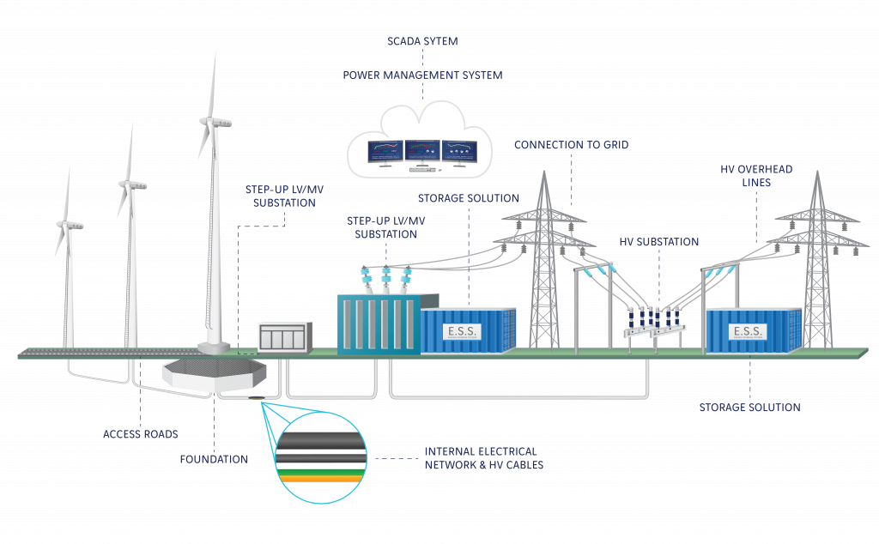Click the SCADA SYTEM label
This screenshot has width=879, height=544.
(x=422, y=41)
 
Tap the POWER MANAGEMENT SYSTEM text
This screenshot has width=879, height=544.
(x=422, y=75)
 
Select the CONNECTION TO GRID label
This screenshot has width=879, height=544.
(x=571, y=144)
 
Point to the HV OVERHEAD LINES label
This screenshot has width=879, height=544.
(x=756, y=176)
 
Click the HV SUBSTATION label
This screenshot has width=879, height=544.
(x=658, y=242)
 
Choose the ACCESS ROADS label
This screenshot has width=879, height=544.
(x=141, y=434)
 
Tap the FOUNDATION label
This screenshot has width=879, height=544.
(x=214, y=459)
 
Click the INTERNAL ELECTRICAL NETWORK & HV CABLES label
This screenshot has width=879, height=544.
(x=484, y=458)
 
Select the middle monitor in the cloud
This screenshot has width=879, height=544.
(x=422, y=151)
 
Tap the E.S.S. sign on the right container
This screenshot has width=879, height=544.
(x=748, y=332)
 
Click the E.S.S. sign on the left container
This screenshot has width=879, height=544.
(x=462, y=332)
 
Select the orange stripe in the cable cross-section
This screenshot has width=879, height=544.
(x=321, y=479)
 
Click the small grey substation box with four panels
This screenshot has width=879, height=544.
(x=284, y=337)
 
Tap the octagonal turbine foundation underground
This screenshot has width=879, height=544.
(x=214, y=374)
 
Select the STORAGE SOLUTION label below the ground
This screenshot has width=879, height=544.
(x=749, y=408)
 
